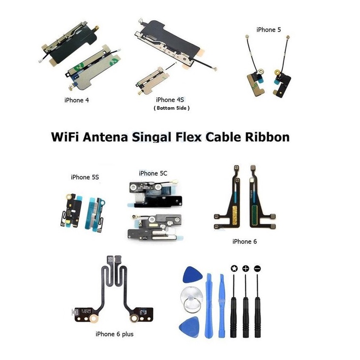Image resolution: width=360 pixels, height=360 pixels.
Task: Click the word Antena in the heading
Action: [106, 136]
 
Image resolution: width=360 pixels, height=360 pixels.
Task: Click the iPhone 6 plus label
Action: [114, 334]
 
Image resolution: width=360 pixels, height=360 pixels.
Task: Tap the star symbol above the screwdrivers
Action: [234, 269]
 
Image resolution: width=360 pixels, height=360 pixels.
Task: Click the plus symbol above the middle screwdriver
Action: [245, 269]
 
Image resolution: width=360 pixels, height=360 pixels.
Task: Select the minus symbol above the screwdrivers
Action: [257, 269]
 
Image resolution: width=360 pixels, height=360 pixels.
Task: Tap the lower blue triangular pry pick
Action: [190, 325]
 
